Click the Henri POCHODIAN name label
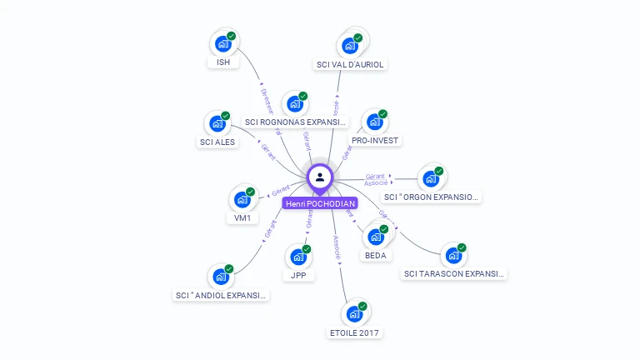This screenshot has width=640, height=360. coord(320,203)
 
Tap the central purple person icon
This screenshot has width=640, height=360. coord(320,177)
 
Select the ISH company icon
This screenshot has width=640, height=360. coord(222,43)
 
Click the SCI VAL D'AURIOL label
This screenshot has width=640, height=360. coord(352,64)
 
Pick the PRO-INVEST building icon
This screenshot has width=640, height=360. coord(374,122)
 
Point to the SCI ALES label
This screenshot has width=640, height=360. coord(218,142)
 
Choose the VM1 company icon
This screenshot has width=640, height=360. coord(242,199)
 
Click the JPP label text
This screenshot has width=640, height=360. coord(298,275)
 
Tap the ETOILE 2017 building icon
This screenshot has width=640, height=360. coord(354,314)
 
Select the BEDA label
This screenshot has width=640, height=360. coord(376,255)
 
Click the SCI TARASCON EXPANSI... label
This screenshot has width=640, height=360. coord(454,273)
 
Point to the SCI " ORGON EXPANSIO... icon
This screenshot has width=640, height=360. coord(431,178)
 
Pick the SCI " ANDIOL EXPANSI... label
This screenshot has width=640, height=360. coord(222,295)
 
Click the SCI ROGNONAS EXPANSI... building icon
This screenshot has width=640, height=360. coord(294,103)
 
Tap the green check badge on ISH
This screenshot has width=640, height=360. coord(231,36)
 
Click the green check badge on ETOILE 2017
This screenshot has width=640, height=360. coord(362,306)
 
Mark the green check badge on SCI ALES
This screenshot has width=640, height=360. coord(226,115)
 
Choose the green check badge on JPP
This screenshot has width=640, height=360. coord(306,249)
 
